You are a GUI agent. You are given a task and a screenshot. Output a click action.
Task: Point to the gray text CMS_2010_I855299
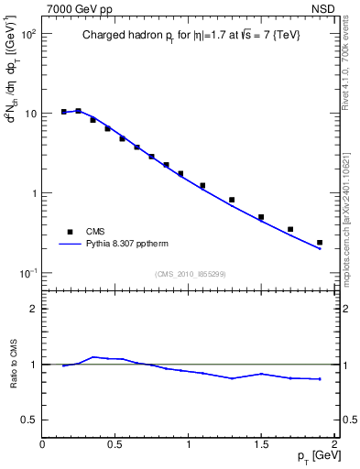pyautogui.click(x=189, y=274)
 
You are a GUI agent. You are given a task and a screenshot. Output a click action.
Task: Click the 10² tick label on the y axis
pyautogui.click(x=28, y=34)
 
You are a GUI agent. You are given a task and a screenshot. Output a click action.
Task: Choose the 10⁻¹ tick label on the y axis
pyautogui.click(x=27, y=274)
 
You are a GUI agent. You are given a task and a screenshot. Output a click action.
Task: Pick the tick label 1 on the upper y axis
pyautogui.click(x=32, y=193)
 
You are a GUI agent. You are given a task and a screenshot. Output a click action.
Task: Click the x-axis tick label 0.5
pyautogui.click(x=115, y=444)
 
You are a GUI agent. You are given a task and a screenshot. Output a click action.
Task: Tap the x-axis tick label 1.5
pyautogui.click(x=262, y=444)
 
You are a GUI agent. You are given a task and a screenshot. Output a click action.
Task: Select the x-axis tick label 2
pyautogui.click(x=334, y=444)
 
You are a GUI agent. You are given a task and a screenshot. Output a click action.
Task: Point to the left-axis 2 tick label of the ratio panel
pyautogui.click(x=33, y=309)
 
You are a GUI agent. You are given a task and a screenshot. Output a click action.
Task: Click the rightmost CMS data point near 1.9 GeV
pyautogui.click(x=320, y=243)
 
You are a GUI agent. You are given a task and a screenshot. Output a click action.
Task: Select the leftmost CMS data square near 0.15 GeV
pyautogui.click(x=64, y=112)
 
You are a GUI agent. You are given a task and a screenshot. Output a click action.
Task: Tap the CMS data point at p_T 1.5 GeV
pyautogui.click(x=261, y=217)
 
